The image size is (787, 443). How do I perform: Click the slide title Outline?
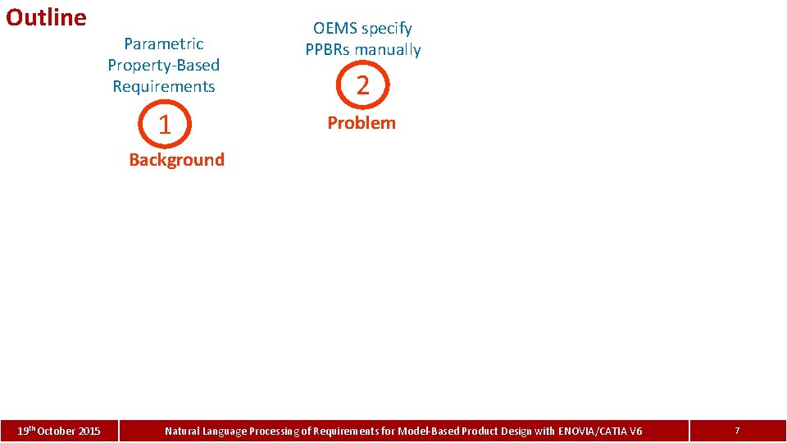point(46,17)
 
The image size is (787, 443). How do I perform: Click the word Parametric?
point(163,43)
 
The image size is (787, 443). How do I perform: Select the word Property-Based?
point(163,65)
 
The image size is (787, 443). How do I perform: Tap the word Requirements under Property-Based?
point(163,86)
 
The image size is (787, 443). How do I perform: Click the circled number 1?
point(164,125)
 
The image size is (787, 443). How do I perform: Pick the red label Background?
point(176,160)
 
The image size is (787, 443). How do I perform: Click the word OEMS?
point(334,29)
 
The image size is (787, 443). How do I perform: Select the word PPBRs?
point(329,50)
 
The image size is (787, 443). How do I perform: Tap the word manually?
point(389,50)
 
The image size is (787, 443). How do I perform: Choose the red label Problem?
point(362,123)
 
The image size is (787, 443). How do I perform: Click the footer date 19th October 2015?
point(60,431)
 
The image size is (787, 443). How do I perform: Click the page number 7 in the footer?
point(737,431)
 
